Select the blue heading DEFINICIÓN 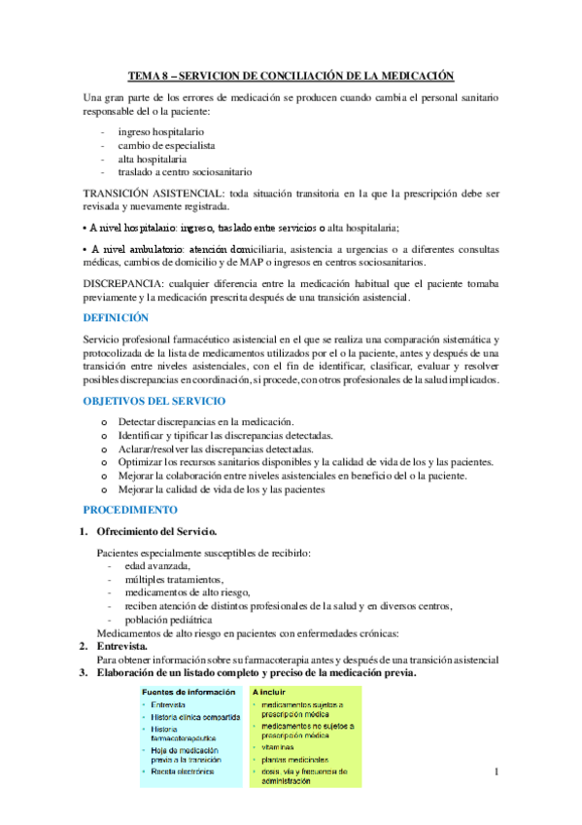click(117, 317)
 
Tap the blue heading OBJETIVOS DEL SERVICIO click(154, 400)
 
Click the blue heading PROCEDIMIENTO click(130, 509)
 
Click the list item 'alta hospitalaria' click(153, 158)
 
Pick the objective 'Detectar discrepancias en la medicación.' click(206, 421)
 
